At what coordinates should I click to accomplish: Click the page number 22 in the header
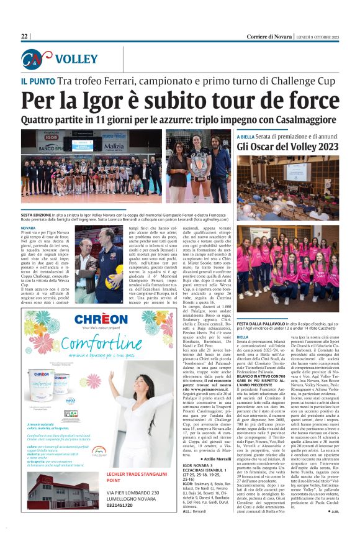(25, 37)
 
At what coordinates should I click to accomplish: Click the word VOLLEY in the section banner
(76, 60)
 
